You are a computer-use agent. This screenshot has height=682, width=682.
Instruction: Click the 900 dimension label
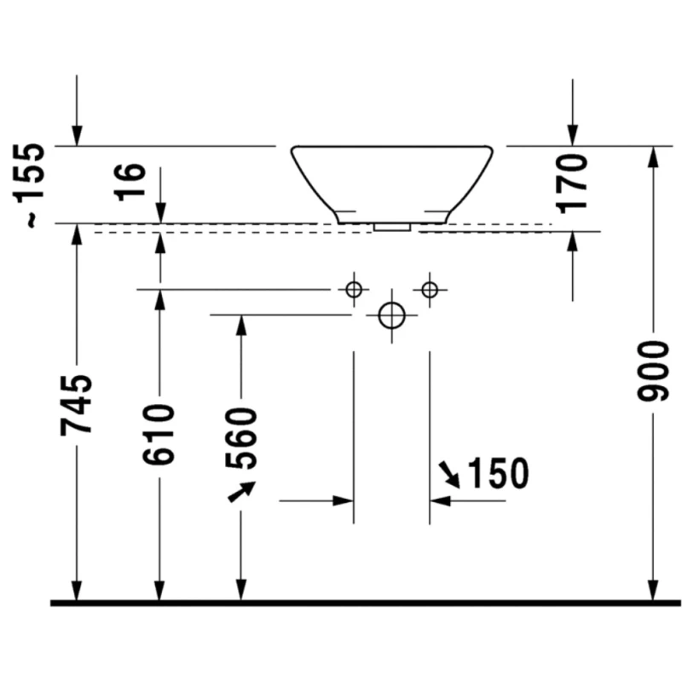click(x=653, y=371)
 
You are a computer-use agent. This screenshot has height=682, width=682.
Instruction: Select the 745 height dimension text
click(x=76, y=404)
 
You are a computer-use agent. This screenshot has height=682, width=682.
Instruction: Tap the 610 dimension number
click(x=159, y=434)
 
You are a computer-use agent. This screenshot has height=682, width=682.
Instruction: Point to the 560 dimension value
click(x=241, y=438)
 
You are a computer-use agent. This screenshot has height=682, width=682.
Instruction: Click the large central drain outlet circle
click(x=391, y=315)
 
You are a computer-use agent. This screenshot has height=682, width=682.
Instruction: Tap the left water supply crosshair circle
click(x=354, y=290)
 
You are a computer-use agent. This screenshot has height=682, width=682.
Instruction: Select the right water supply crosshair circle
click(x=430, y=290)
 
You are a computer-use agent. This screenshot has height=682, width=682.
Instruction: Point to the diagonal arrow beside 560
click(x=241, y=492)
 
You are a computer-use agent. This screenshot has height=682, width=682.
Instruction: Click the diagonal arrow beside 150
click(x=448, y=474)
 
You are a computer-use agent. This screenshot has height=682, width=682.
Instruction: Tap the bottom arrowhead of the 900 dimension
click(x=653, y=590)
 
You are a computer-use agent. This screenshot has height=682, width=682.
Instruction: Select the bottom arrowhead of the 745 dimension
click(x=77, y=590)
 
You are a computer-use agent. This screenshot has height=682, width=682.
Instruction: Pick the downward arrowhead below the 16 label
click(x=159, y=213)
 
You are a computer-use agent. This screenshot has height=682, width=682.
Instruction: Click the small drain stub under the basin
click(x=392, y=228)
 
